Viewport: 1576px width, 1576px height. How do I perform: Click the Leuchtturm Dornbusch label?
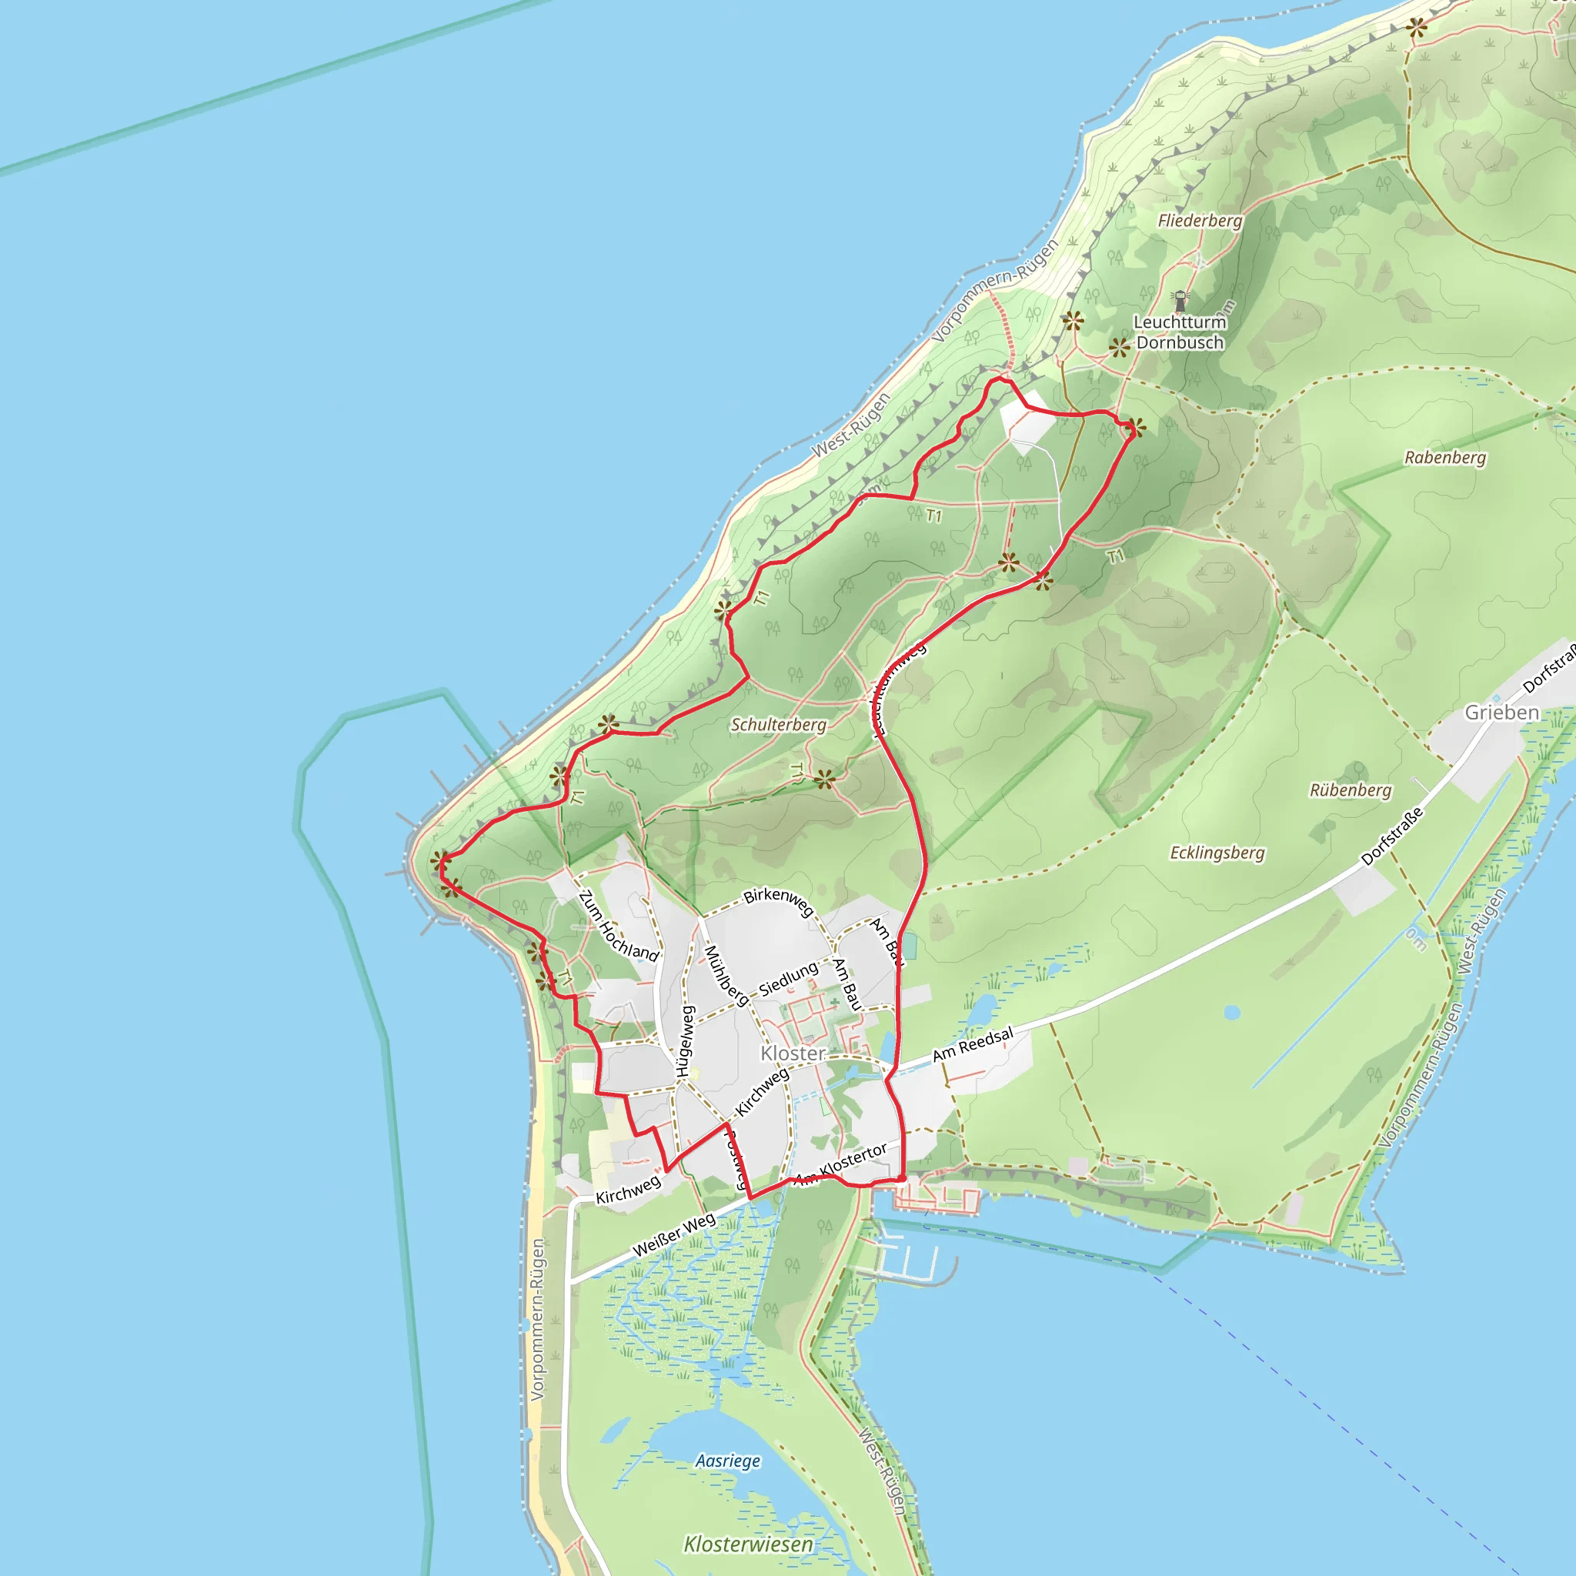[x=1180, y=332]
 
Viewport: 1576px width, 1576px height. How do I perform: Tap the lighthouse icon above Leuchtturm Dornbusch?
[x=1180, y=299]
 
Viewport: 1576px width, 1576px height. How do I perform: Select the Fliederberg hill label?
[x=1200, y=220]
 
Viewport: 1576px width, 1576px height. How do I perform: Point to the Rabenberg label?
[x=1444, y=458]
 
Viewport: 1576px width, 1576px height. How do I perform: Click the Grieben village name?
[x=1502, y=712]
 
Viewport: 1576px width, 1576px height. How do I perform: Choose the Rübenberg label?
[x=1350, y=790]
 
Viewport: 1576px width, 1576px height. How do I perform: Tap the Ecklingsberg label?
[x=1217, y=853]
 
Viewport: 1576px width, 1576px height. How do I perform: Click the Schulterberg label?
[x=778, y=724]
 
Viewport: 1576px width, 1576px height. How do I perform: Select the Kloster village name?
[x=793, y=1053]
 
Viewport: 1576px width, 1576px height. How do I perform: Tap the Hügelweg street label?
[x=685, y=1040]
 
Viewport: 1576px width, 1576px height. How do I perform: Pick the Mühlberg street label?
[x=725, y=975]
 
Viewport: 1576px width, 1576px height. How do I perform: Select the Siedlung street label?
[x=788, y=979]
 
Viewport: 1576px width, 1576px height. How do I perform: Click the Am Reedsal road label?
[x=973, y=1044]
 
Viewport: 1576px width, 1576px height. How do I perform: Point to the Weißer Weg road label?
[x=674, y=1234]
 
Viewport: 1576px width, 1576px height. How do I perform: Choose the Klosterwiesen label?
[x=748, y=1544]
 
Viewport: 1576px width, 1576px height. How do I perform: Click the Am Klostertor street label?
[x=843, y=1164]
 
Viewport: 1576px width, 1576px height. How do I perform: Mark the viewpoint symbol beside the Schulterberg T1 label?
[x=824, y=779]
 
